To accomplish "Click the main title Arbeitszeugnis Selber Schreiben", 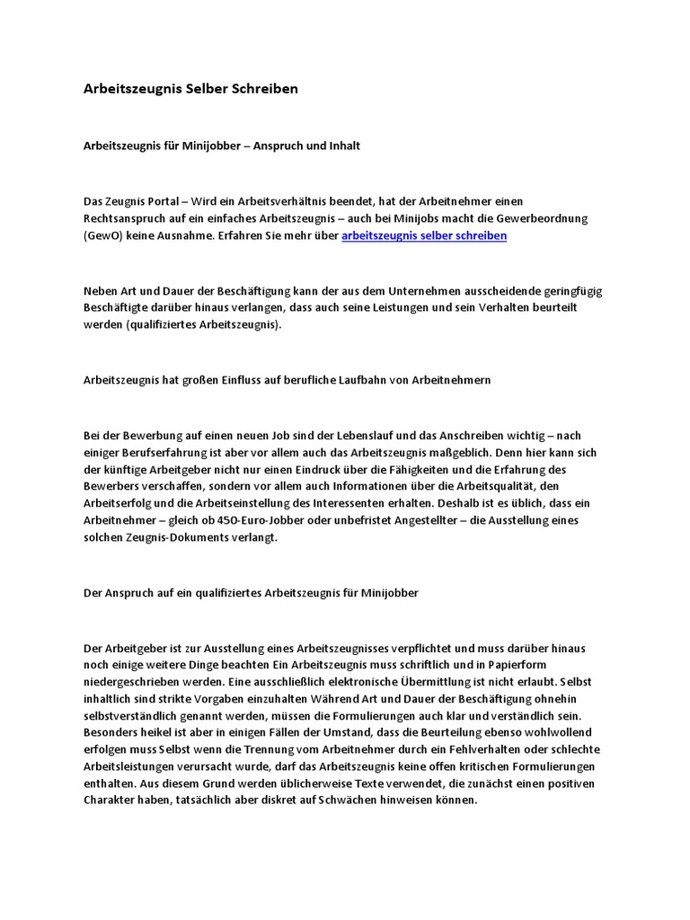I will tap(190, 90).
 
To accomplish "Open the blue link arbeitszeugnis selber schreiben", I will tap(424, 235).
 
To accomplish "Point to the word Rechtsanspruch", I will tap(126, 218).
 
